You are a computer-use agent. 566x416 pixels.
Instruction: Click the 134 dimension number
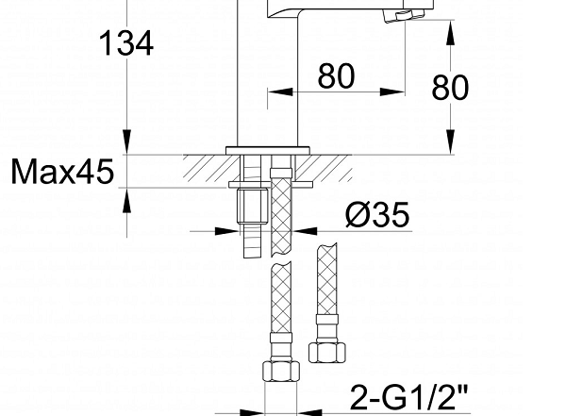(x=126, y=43)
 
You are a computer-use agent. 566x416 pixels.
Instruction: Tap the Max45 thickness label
(x=62, y=172)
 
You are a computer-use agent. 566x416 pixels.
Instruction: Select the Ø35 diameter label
(x=377, y=214)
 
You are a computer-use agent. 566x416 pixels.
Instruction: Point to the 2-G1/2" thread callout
(x=409, y=397)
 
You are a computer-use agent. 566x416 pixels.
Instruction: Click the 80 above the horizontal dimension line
(x=336, y=76)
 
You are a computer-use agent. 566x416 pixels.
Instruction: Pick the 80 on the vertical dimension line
(x=450, y=88)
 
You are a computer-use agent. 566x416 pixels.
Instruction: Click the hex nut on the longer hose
(x=281, y=372)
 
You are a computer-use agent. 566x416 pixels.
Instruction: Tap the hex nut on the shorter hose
(x=327, y=353)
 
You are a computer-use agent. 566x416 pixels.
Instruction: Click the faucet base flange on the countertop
(x=268, y=151)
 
